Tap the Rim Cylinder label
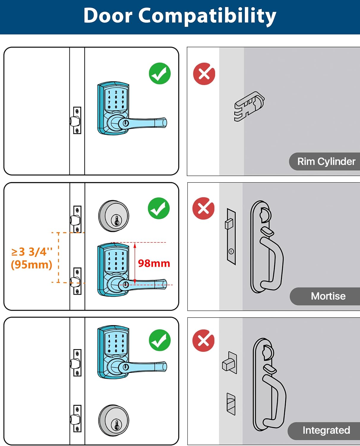tap(326, 161)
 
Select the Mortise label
tap(328, 296)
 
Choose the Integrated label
tap(326, 430)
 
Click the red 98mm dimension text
tap(154, 263)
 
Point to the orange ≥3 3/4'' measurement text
tap(32, 252)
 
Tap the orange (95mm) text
tap(31, 264)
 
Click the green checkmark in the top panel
tap(160, 73)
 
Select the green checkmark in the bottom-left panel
tap(160, 340)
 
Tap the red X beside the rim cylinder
tap(204, 74)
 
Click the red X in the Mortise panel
tap(203, 208)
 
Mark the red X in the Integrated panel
tap(203, 340)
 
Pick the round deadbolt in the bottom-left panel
tap(114, 420)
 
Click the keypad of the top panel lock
tap(116, 99)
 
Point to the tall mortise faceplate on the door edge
tap(231, 237)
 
